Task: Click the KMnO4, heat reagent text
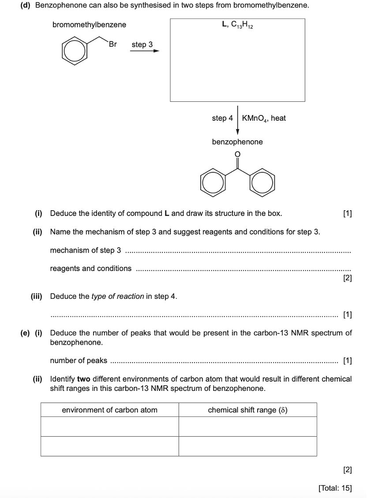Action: (264, 118)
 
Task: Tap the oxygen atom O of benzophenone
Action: (237, 154)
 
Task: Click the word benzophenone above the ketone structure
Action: (237, 142)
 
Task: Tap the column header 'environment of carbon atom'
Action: (109, 410)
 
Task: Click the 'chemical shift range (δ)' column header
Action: (247, 410)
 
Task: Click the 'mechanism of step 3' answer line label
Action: (86, 250)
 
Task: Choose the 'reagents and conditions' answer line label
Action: (91, 268)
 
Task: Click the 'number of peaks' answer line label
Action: (79, 360)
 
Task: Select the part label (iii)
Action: (36, 296)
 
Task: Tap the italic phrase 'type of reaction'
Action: (117, 296)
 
